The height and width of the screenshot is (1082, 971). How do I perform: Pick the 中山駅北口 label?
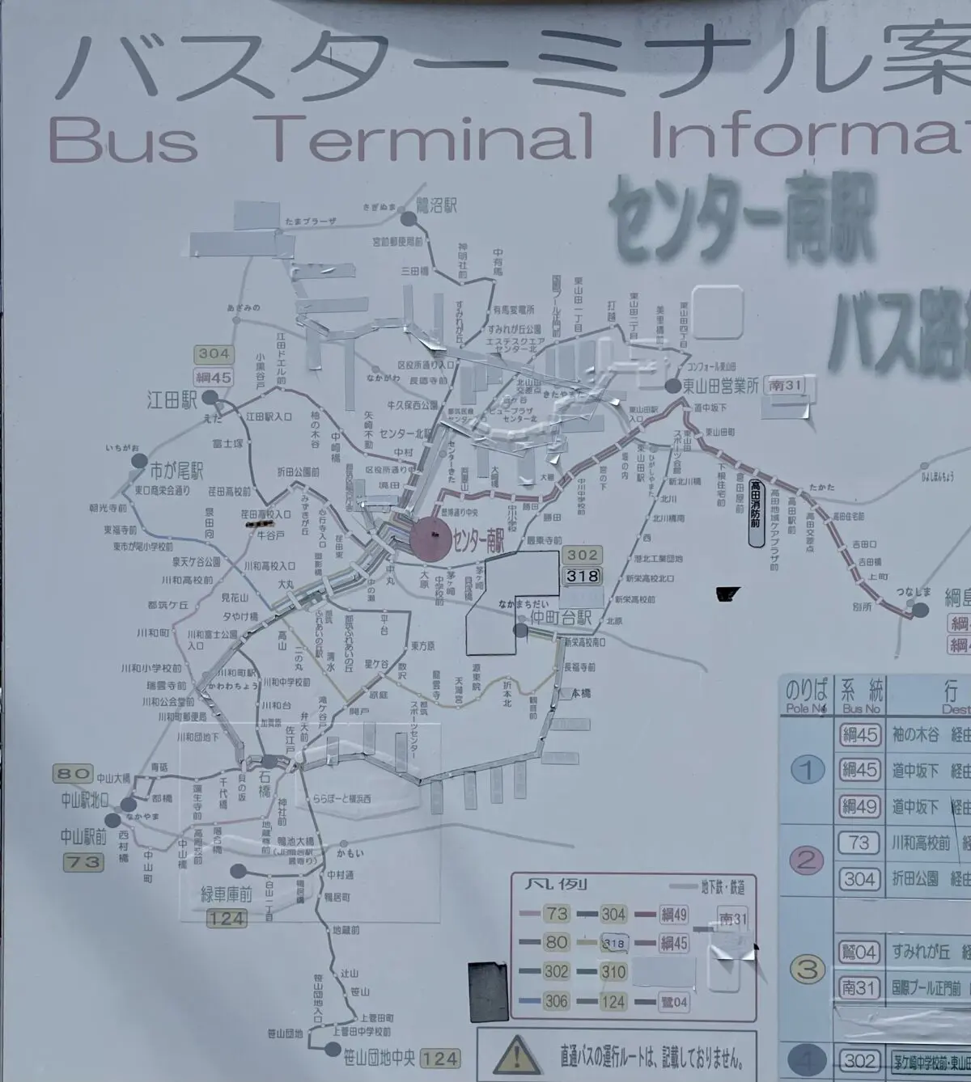click(85, 801)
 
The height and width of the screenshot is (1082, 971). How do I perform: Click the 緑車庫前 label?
click(227, 894)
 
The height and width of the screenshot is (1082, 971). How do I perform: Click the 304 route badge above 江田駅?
click(214, 354)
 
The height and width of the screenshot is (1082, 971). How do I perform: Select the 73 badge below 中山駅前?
click(84, 862)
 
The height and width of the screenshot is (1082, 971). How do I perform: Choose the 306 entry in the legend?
click(556, 1001)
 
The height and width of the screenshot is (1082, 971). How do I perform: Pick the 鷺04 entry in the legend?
click(674, 1002)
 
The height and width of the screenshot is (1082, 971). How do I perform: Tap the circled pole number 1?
click(806, 769)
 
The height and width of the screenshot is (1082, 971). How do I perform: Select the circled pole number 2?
click(806, 860)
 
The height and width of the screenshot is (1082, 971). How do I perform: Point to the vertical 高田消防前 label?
click(755, 514)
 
